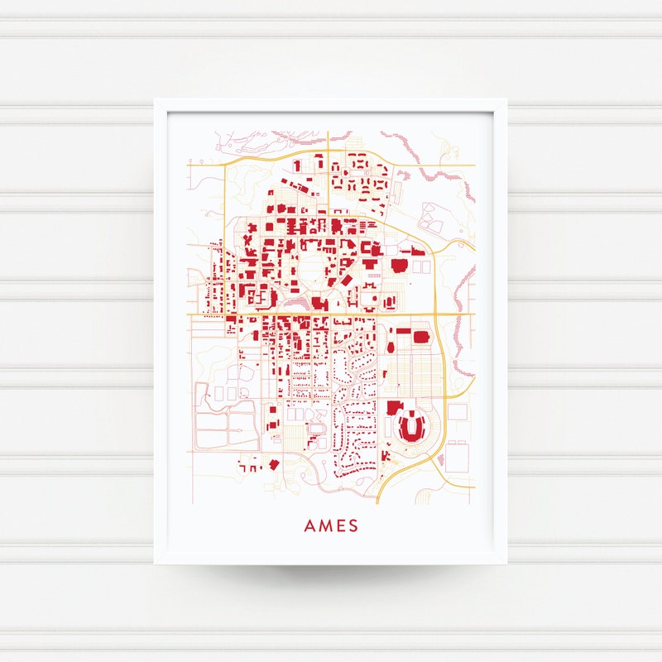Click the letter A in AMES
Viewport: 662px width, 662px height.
(x=309, y=525)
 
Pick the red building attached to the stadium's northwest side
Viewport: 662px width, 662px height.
(x=393, y=408)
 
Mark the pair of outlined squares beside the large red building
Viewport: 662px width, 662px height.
(x=421, y=266)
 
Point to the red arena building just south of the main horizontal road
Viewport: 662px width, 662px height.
(x=420, y=338)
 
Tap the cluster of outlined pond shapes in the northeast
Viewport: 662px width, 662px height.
(x=432, y=217)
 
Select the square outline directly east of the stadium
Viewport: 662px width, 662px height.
(x=457, y=411)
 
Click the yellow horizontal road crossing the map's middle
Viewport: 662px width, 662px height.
(x=331, y=314)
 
